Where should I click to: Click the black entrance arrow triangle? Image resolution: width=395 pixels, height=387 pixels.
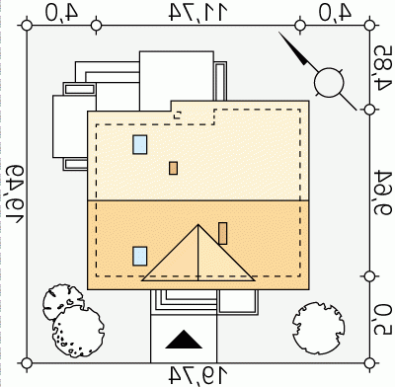tap(184, 341)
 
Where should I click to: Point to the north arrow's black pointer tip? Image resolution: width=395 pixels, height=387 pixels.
tap(279, 33)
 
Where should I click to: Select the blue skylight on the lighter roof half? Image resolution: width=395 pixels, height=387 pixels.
tap(140, 144)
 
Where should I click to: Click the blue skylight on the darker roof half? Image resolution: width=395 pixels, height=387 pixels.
tap(140, 256)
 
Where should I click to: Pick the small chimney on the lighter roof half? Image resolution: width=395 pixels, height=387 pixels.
tap(174, 168)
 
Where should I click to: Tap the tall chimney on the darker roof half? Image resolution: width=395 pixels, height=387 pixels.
tap(223, 233)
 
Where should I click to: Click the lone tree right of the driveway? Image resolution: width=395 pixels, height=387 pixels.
tap(319, 329)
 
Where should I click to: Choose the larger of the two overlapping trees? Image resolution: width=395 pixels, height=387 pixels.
tap(78, 332)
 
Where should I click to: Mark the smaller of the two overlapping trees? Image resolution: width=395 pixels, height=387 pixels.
tap(62, 301)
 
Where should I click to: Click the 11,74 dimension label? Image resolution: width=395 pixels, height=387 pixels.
tap(198, 12)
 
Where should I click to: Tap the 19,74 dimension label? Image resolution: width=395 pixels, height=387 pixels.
tap(198, 375)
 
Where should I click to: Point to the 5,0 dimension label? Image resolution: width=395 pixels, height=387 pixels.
tap(383, 320)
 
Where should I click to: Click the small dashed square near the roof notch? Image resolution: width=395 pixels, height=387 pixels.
tap(178, 115)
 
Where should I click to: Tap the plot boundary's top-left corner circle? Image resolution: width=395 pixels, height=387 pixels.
tap(27, 26)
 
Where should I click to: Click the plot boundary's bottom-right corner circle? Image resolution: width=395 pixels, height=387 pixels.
tap(370, 363)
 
